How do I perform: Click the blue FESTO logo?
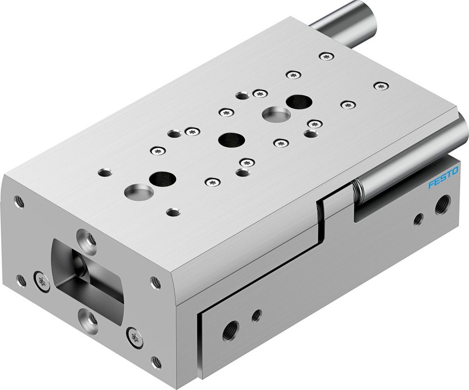click(443, 178)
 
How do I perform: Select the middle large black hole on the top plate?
click(232, 139)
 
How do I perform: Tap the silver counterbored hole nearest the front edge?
click(139, 191)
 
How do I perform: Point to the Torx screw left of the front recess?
click(41, 281)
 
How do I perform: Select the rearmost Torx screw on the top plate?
click(326, 56)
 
